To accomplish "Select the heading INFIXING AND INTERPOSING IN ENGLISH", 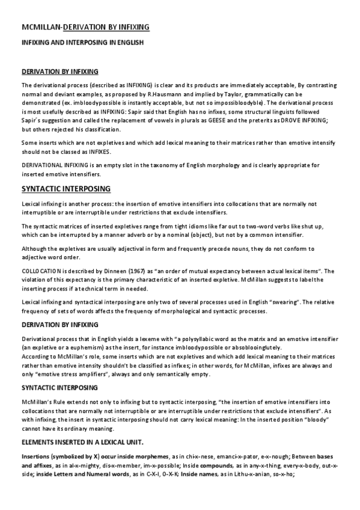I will (x=82, y=43).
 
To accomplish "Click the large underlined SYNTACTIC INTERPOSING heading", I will (x=66, y=189).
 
